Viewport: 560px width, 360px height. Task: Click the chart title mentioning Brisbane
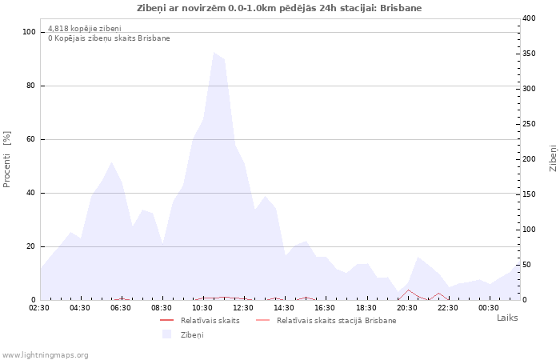point(279,8)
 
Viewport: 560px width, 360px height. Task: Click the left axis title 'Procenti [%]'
point(7,159)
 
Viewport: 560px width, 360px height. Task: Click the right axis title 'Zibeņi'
point(553,158)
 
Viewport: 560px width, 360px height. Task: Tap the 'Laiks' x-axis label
point(507,318)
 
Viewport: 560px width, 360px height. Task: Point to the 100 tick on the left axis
point(30,32)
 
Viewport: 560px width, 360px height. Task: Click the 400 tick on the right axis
point(529,18)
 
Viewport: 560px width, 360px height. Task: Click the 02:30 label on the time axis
point(39,308)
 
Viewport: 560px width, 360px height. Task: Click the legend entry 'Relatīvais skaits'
point(210,320)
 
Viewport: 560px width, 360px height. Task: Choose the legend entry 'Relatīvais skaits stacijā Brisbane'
point(336,320)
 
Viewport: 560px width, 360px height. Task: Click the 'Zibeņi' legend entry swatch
point(167,334)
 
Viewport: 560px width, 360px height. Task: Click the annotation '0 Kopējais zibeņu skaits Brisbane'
point(109,38)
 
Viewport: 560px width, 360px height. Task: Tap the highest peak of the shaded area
point(214,53)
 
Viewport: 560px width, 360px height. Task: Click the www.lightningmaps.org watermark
point(45,354)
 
